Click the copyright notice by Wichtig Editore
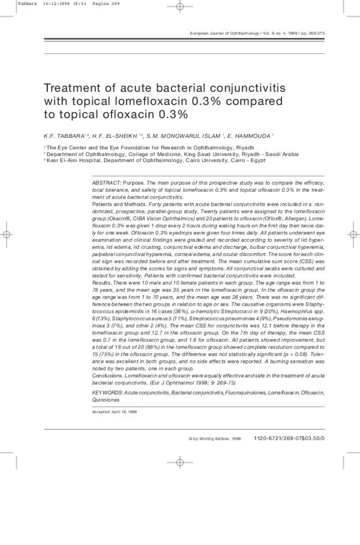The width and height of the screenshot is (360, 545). point(215,438)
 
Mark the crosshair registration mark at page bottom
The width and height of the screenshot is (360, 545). point(179,462)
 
